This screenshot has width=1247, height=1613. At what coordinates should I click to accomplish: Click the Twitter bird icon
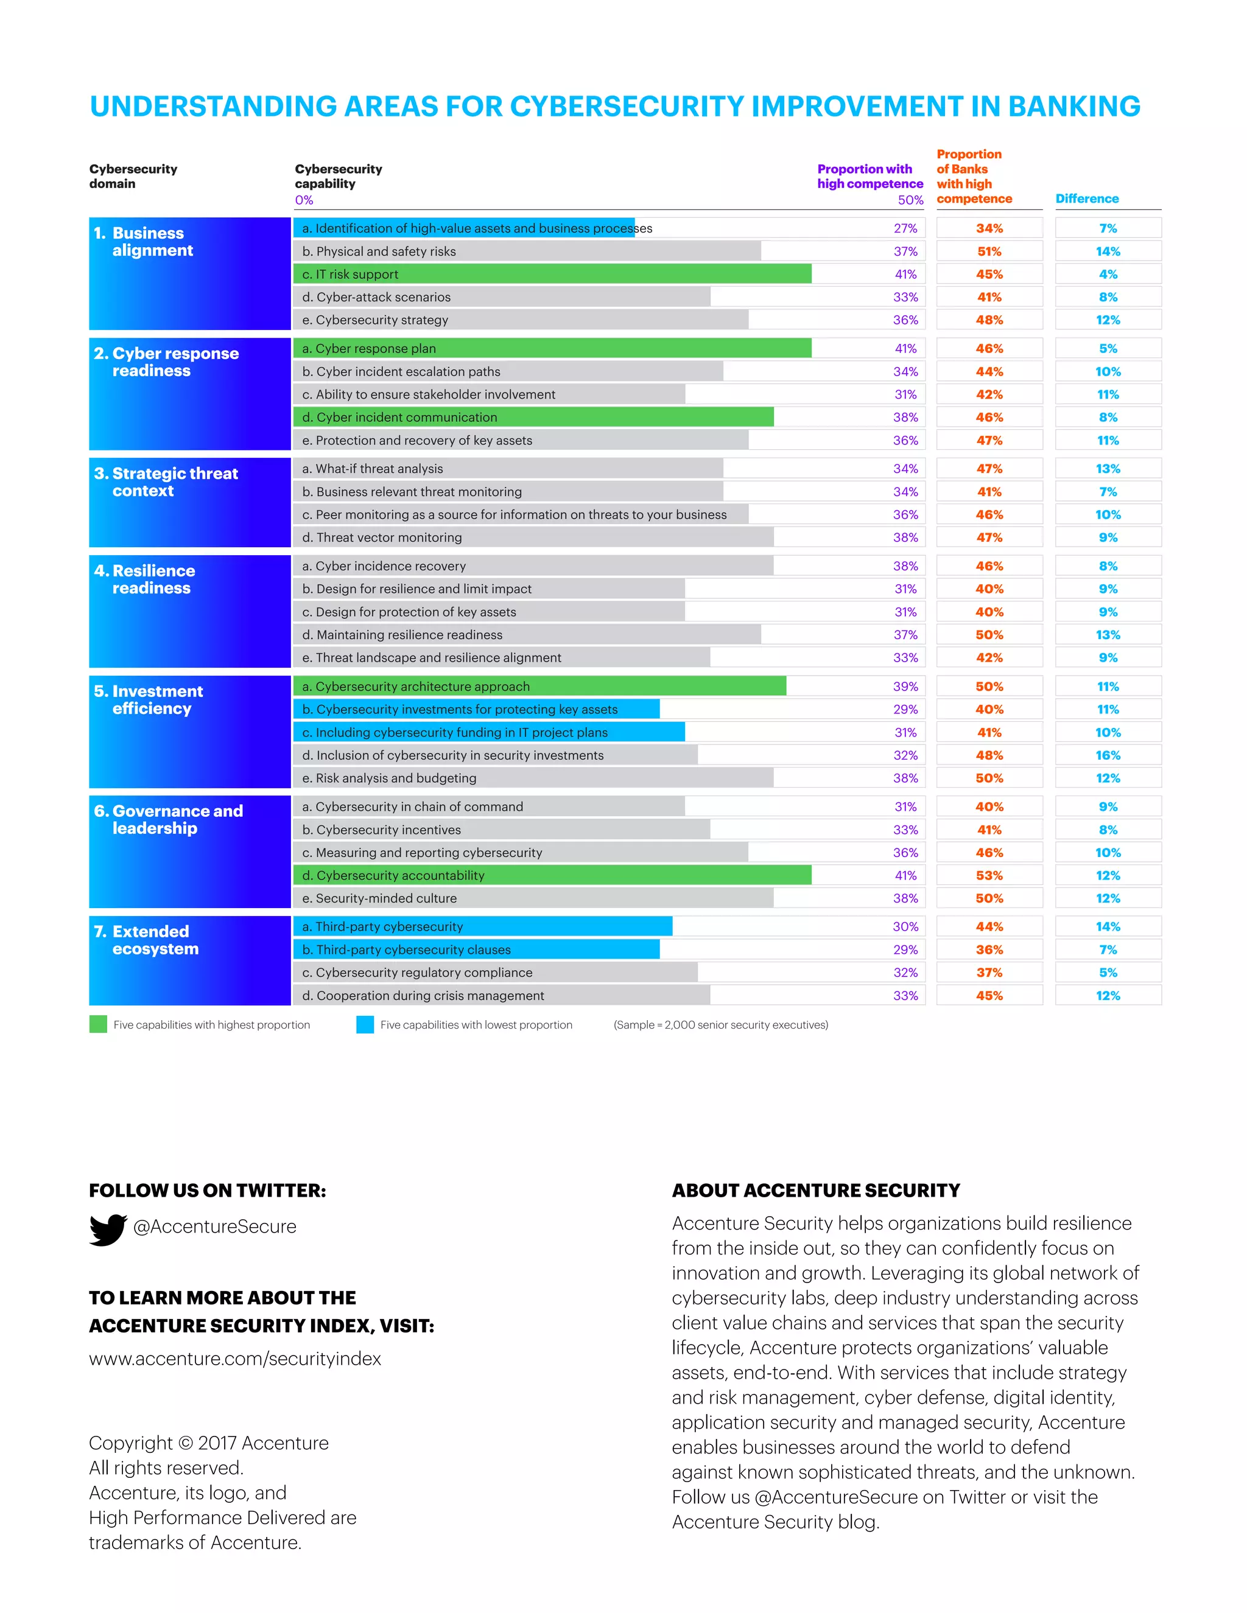point(108,1230)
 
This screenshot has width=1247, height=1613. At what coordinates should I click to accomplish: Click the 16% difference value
point(1108,755)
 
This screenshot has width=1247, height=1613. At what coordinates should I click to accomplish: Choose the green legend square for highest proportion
point(98,1024)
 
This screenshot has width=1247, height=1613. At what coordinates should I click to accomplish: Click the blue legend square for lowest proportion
point(365,1024)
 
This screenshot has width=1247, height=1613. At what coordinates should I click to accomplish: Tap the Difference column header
point(1087,198)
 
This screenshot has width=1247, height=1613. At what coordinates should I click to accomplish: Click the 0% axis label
point(304,200)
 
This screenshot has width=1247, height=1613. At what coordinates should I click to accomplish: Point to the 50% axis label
point(910,200)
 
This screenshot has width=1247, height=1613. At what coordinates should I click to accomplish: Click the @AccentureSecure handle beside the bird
point(214,1226)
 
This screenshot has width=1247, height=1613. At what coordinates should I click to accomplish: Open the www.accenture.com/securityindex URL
point(235,1359)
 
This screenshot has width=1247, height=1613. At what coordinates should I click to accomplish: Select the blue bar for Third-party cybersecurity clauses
point(477,950)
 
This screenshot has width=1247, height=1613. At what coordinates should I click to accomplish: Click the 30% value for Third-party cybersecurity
point(905,926)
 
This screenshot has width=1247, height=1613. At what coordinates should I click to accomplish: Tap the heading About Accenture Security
point(815,1191)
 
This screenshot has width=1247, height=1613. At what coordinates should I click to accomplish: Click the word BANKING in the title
point(1074,107)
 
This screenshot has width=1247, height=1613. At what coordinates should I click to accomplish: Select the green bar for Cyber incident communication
point(533,418)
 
